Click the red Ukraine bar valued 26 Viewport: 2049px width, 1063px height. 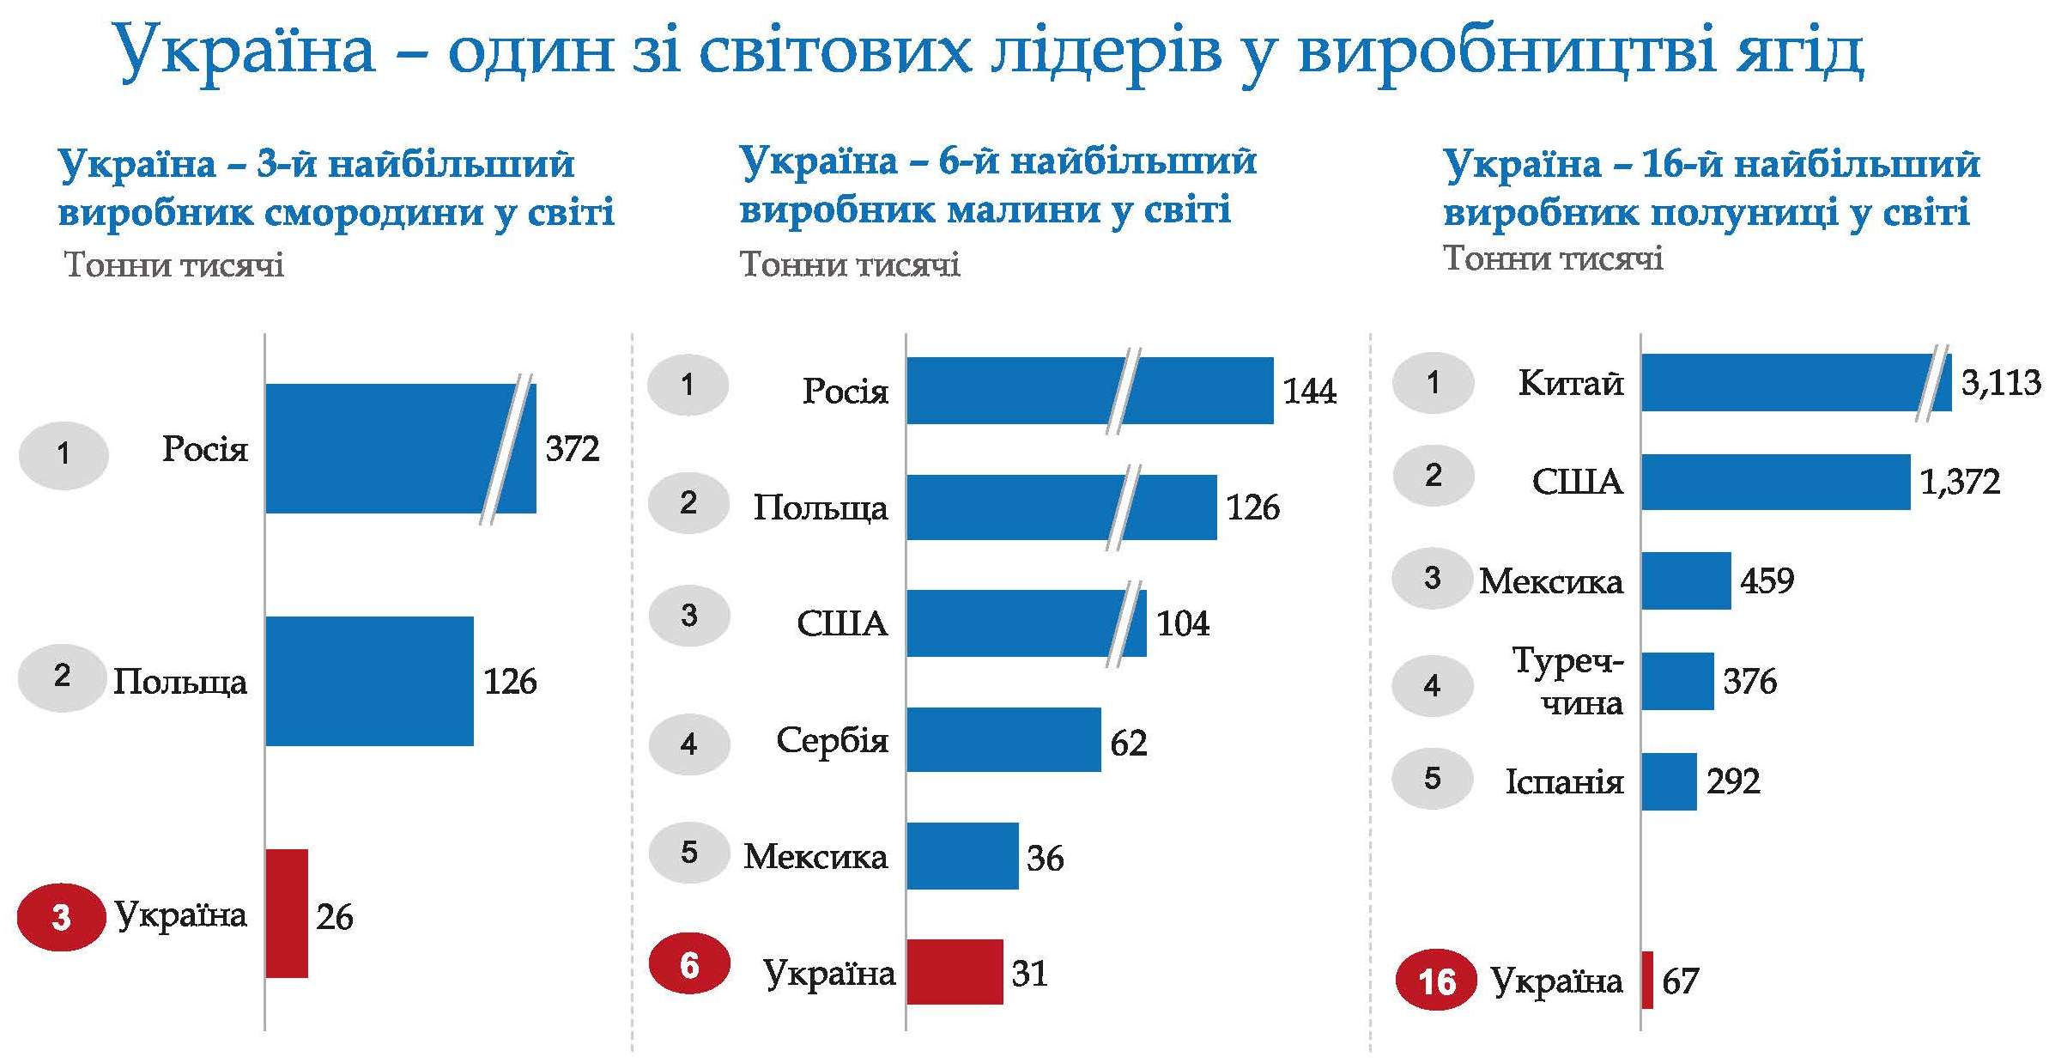coord(286,913)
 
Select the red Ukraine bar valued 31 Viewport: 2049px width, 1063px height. coord(955,971)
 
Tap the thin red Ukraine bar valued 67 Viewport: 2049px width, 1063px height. coord(1646,980)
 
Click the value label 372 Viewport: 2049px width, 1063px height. coord(573,448)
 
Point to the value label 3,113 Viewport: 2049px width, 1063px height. coord(2000,382)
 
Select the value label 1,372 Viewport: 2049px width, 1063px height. coord(1960,482)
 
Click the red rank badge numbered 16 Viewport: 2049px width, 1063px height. coord(1436,981)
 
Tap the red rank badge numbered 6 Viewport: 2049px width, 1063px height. coord(688,965)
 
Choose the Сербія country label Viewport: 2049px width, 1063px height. coord(832,739)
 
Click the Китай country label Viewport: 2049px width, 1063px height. coord(1570,383)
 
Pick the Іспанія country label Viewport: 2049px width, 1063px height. coord(1564,781)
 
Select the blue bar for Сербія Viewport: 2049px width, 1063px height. coord(1003,739)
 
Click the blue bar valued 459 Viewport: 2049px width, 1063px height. coord(1685,580)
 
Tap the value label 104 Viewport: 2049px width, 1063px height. coord(1183,623)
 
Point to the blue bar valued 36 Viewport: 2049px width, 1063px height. coord(961,855)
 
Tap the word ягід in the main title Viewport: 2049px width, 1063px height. coord(1799,50)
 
